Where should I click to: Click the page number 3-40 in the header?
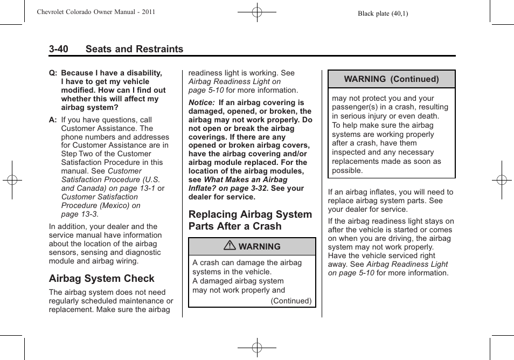(58, 49)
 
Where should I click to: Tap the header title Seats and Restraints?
(134, 49)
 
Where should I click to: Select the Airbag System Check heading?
(101, 279)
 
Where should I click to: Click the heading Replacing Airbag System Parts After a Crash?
(250, 220)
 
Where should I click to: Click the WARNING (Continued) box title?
(391, 79)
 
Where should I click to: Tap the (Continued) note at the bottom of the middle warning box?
(291, 301)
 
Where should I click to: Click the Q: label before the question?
(53, 73)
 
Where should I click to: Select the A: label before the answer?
(53, 120)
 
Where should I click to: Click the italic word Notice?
(202, 102)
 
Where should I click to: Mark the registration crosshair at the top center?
(257, 11)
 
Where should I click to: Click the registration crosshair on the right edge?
(502, 180)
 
